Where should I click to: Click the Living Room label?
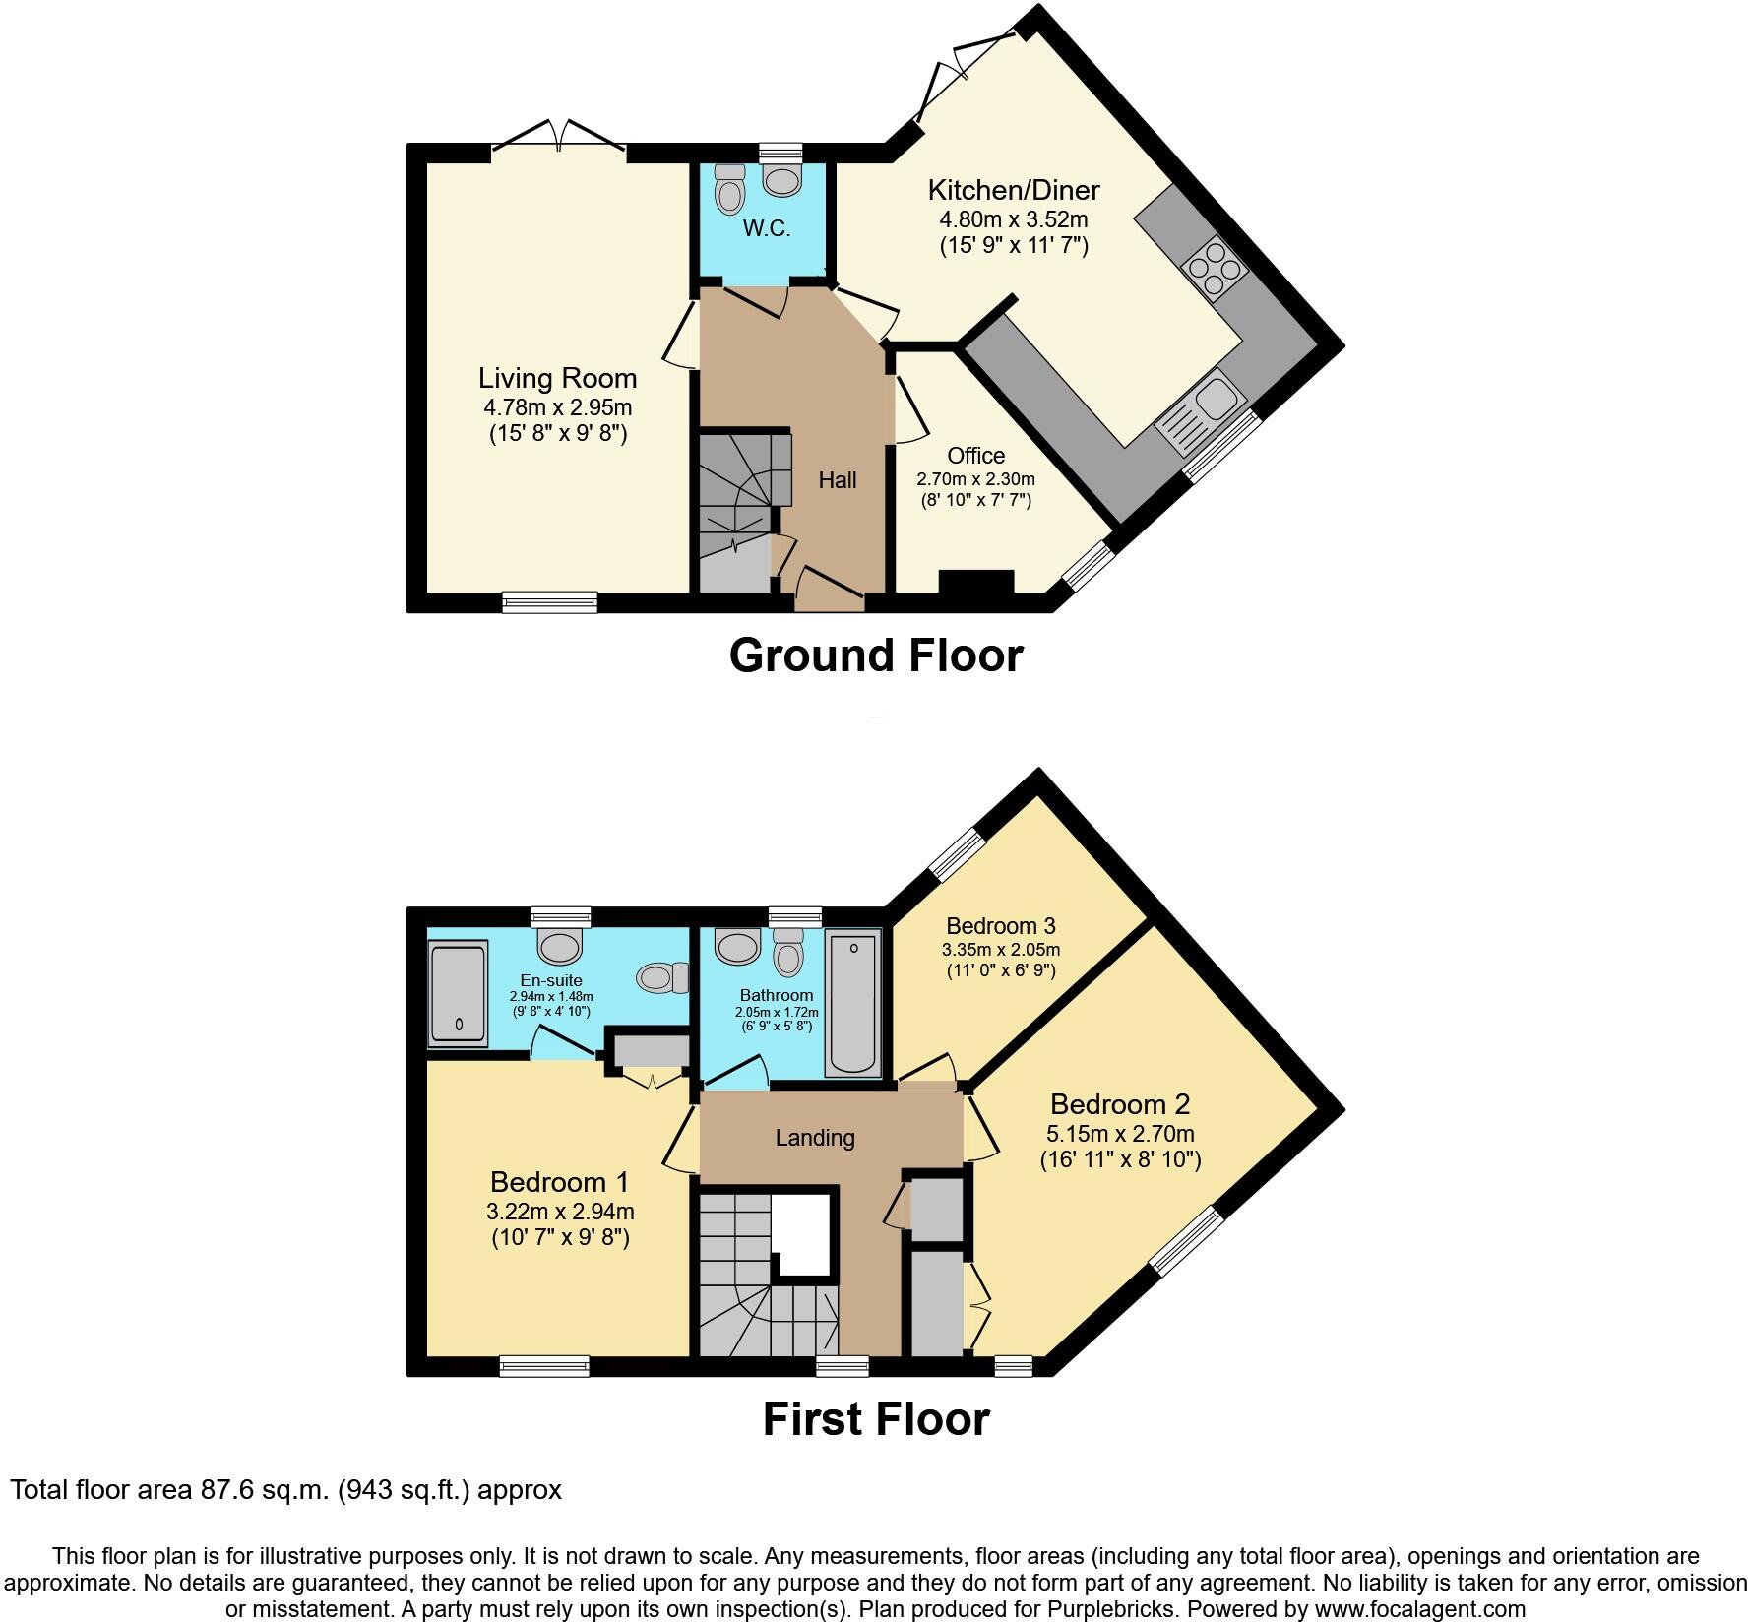pos(557,378)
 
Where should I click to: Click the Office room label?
pos(975,456)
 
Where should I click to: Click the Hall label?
pos(838,480)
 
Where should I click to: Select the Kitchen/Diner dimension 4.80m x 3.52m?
pos(1014,218)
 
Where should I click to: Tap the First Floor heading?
pos(875,1419)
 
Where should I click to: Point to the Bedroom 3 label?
pos(1000,925)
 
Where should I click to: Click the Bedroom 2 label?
pos(1119,1103)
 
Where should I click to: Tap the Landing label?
pos(814,1138)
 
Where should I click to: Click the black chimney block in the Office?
pos(975,582)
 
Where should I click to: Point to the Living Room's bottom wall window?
pos(549,601)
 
